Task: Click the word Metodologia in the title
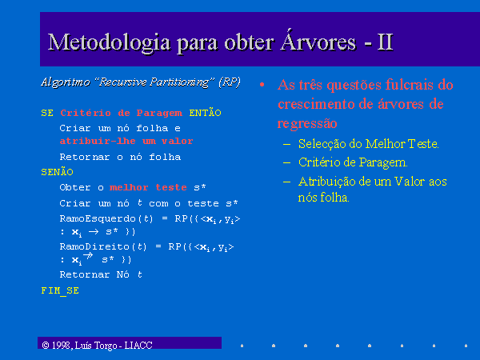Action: point(109,43)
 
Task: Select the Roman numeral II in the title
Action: point(385,42)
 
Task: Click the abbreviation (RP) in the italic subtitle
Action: point(230,82)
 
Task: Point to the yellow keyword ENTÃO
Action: point(205,112)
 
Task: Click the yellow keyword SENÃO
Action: point(58,171)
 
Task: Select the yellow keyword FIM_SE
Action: point(60,290)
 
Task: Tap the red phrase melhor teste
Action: point(148,187)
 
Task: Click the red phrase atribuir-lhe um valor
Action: point(126,141)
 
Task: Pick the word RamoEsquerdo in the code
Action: point(98,218)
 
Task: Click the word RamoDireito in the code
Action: point(94,246)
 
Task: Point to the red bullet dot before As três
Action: point(262,85)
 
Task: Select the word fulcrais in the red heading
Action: point(409,85)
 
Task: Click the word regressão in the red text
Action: point(307,124)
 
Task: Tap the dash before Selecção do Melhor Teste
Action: point(287,144)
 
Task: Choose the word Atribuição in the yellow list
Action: point(326,182)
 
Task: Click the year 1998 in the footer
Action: point(62,346)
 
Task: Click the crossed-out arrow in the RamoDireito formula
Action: point(88,256)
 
